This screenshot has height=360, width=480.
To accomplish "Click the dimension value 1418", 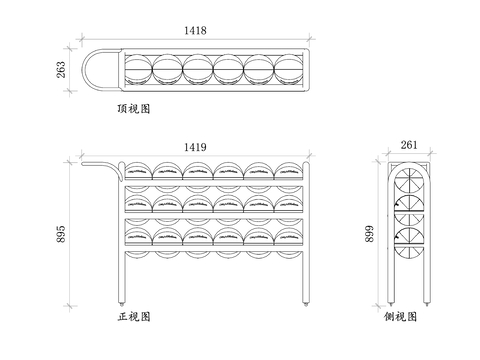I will [195, 31].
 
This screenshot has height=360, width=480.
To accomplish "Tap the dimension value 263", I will [60, 70].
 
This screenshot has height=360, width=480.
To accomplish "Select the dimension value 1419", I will [195, 147].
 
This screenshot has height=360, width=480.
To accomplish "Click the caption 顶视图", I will [133, 107].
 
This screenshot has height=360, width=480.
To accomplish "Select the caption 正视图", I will [133, 316].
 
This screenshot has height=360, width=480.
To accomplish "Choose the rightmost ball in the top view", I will [288, 70].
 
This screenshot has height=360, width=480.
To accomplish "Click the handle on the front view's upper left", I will [97, 163].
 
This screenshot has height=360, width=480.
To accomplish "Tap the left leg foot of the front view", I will [123, 302].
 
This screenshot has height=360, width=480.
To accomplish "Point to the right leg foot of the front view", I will [304, 302].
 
